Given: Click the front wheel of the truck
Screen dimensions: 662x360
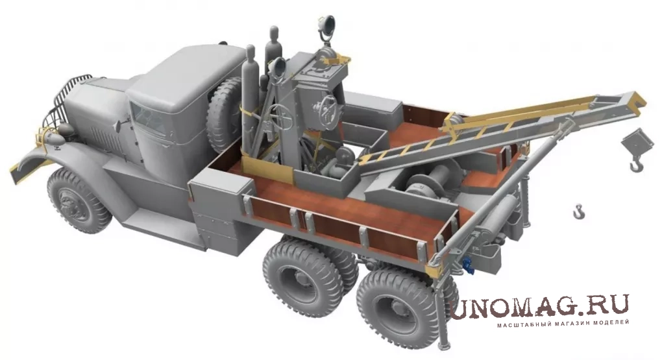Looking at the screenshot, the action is coord(79,200).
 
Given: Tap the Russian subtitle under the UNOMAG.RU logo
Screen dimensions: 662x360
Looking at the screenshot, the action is coord(563,323).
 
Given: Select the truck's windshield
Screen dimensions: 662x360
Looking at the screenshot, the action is coord(148,117).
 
